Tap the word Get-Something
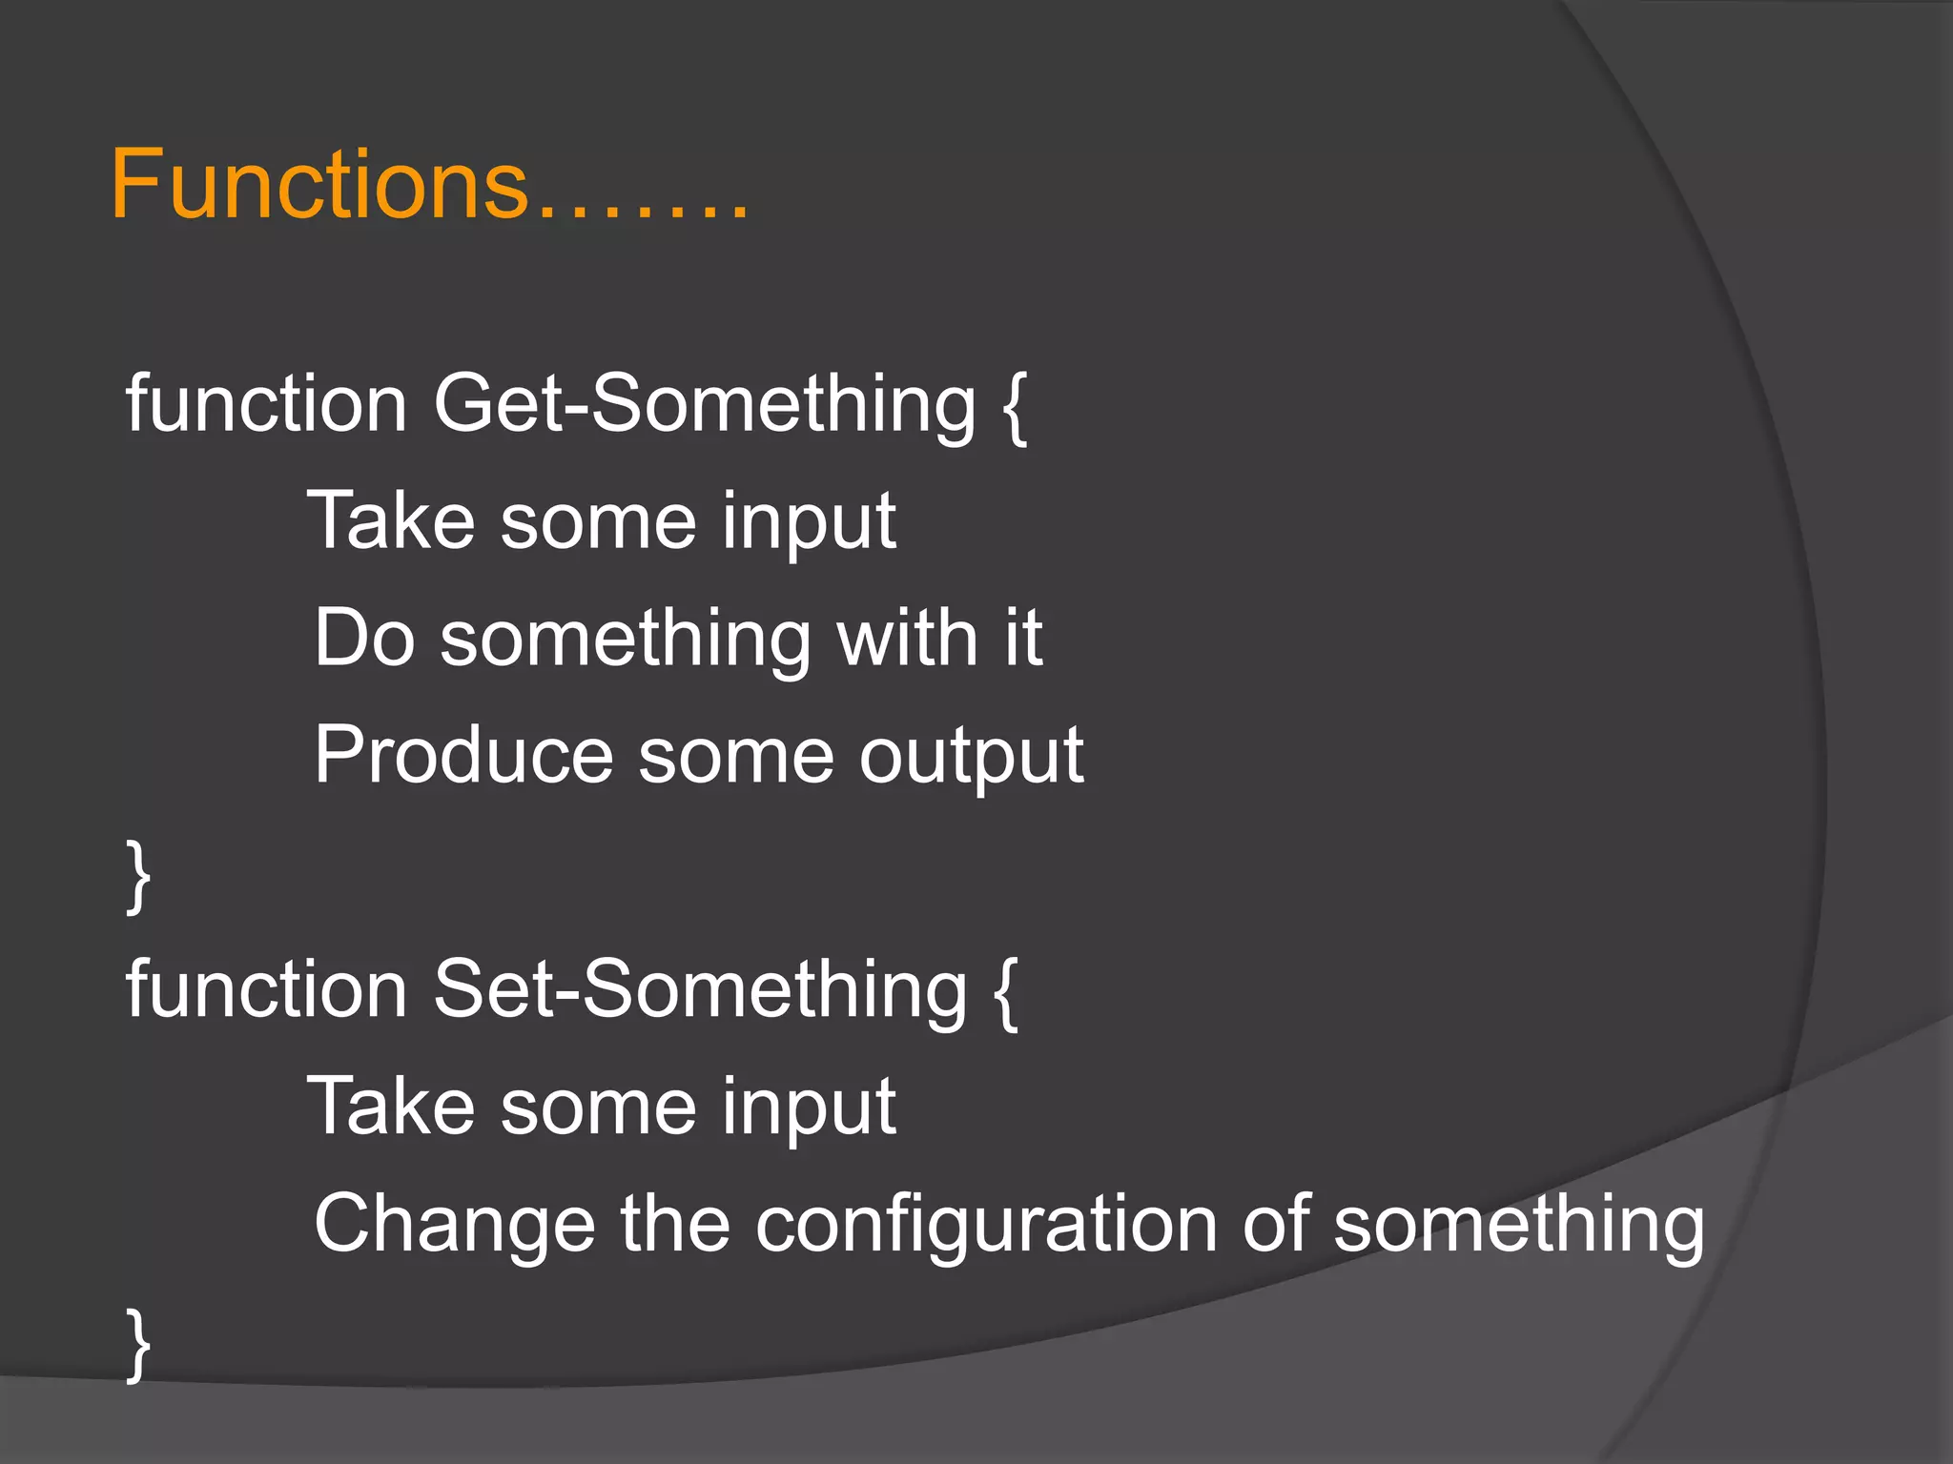tap(705, 404)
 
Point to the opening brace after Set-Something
tap(1005, 993)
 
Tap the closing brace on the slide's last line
tap(138, 1344)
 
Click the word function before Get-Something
tap(266, 404)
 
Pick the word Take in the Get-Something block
tap(391, 520)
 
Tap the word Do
tap(364, 638)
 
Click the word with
tap(907, 638)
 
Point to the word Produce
tap(463, 755)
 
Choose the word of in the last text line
tap(1274, 1224)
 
